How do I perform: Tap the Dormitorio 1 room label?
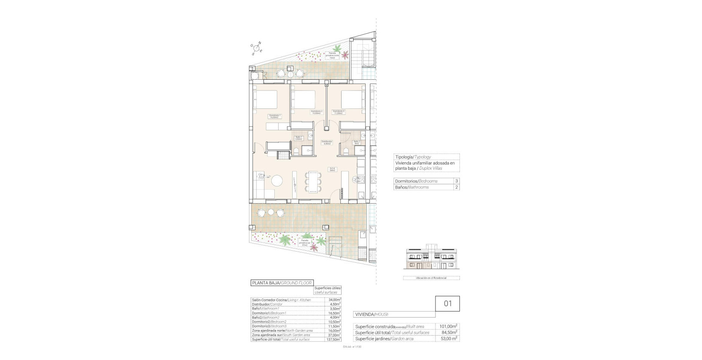click(x=274, y=116)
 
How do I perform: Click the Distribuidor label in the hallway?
click(x=327, y=142)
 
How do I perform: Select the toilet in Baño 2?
click(x=346, y=150)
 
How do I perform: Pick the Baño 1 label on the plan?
click(x=298, y=138)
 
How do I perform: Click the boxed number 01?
click(x=448, y=304)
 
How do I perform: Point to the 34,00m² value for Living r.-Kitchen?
click(x=334, y=300)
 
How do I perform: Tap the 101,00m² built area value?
click(x=449, y=326)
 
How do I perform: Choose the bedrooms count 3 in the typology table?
click(x=456, y=181)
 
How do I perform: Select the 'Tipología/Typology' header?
click(x=413, y=157)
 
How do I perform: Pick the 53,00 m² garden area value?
click(x=449, y=339)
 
